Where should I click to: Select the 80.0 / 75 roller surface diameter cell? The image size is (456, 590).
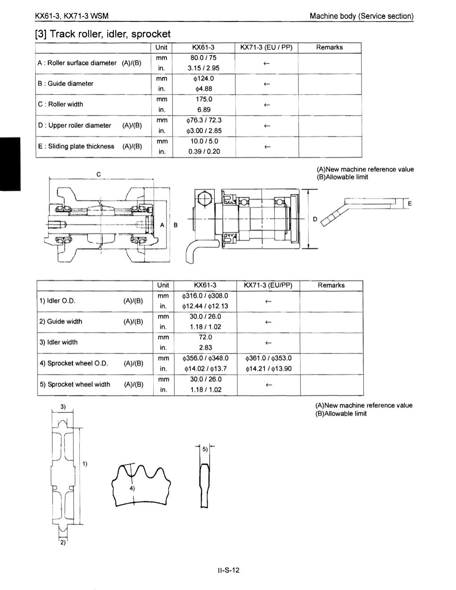(204, 57)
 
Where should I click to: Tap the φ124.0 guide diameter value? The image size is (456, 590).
(204, 78)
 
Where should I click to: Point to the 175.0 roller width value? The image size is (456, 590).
(204, 99)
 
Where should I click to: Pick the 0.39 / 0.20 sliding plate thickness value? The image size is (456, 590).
(204, 151)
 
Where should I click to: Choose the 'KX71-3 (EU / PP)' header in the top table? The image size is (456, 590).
(266, 47)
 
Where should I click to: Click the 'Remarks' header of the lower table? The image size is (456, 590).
(331, 285)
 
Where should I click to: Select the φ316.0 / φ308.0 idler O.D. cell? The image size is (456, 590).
(205, 296)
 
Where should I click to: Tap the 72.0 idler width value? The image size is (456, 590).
(205, 338)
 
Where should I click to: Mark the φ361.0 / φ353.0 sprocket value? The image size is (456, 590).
(269, 358)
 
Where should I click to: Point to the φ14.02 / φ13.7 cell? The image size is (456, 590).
(205, 369)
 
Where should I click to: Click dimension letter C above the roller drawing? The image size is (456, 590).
(99, 174)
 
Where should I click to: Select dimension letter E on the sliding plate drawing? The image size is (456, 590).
(410, 204)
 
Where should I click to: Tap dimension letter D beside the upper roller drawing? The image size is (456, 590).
(315, 219)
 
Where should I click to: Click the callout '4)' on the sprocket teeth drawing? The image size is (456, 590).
(132, 488)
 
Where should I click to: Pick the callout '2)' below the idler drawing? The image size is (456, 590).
(63, 542)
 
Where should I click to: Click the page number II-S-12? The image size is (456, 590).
(228, 570)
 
